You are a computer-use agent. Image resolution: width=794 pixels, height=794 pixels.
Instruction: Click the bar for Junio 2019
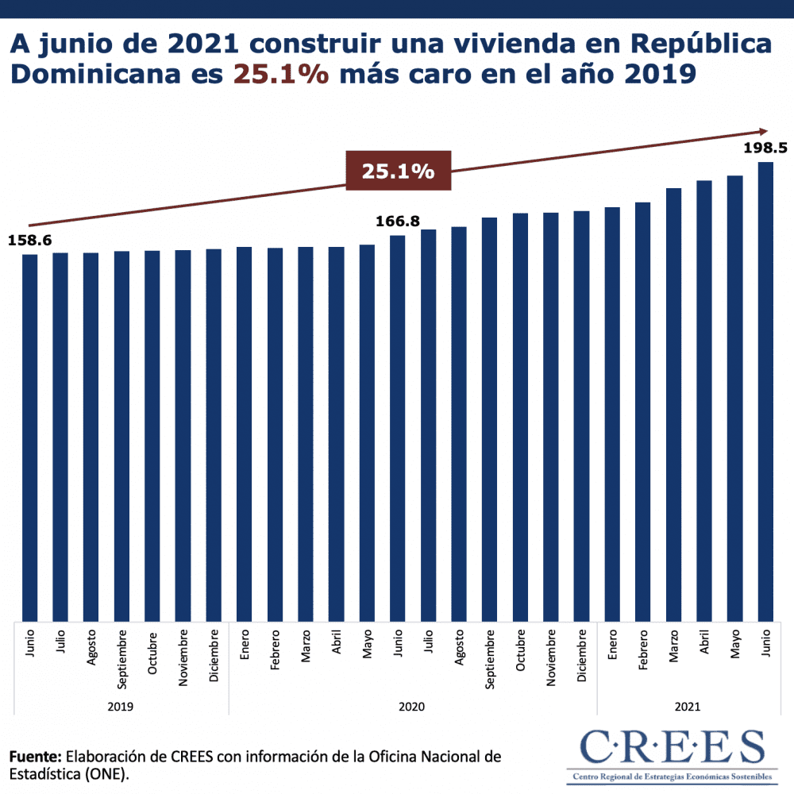(29, 437)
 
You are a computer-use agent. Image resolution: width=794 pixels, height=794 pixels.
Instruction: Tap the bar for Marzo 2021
(673, 404)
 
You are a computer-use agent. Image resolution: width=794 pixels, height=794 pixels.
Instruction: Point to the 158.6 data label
(29, 239)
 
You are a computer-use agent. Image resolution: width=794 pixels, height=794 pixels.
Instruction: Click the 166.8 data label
(398, 221)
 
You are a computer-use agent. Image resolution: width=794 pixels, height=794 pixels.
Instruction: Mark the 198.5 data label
(765, 148)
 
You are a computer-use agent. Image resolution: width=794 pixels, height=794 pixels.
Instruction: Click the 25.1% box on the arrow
(399, 171)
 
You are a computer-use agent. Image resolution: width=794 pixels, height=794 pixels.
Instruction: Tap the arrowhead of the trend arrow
(764, 132)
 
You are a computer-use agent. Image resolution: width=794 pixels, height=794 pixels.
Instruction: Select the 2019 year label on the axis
(121, 706)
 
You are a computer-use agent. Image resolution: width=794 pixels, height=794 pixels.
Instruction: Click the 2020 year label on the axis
(413, 706)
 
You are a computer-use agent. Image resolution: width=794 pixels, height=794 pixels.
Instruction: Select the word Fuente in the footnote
(35, 756)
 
